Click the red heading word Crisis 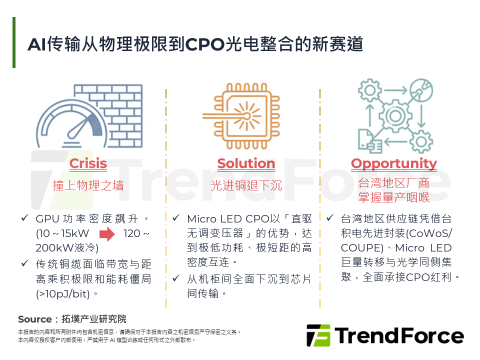pyautogui.click(x=88, y=163)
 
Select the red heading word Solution pyautogui.click(x=246, y=163)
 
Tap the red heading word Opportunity pyautogui.click(x=394, y=163)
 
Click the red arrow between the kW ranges pyautogui.click(x=107, y=233)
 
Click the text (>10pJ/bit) pyautogui.click(x=63, y=293)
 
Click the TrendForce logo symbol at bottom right pyautogui.click(x=318, y=335)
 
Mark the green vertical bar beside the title pyautogui.click(x=14, y=42)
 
